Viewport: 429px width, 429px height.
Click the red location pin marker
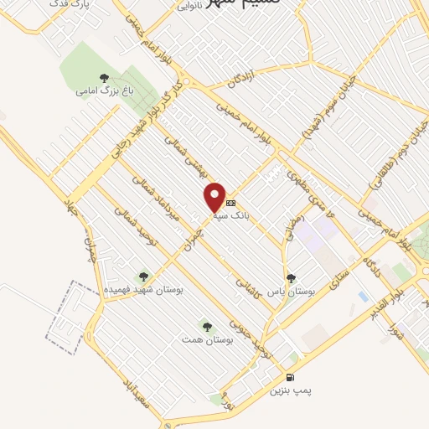pyautogui.click(x=216, y=195)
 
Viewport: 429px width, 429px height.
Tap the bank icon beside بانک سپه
pyautogui.click(x=231, y=203)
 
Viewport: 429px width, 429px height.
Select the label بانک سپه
pyautogui.click(x=230, y=214)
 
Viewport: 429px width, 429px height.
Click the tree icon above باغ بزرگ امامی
pyautogui.click(x=104, y=78)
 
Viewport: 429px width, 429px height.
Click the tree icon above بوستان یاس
pyautogui.click(x=291, y=277)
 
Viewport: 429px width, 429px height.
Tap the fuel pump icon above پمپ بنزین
pyautogui.click(x=290, y=378)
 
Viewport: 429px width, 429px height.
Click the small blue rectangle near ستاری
pyautogui.click(x=362, y=297)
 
